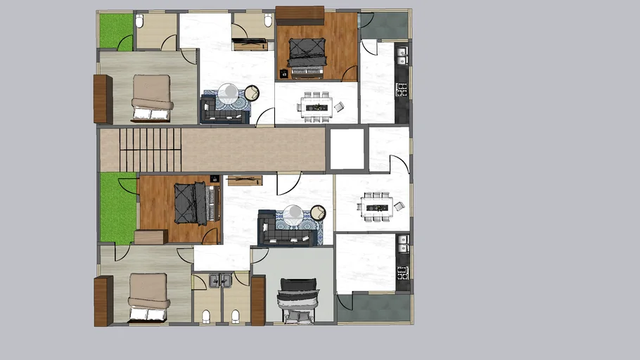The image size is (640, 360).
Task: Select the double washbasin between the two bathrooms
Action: pyautogui.click(x=220, y=281)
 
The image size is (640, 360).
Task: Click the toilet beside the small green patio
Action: pyautogui.click(x=139, y=21)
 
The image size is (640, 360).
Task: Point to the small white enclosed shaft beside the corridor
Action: pyautogui.click(x=347, y=148)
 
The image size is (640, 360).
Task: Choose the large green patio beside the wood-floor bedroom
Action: pyautogui.click(x=117, y=207)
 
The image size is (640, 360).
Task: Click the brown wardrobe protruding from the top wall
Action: pyautogui.click(x=299, y=14)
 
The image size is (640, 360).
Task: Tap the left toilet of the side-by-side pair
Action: pyautogui.click(x=206, y=316)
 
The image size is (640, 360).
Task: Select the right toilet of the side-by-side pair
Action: pyautogui.click(x=236, y=316)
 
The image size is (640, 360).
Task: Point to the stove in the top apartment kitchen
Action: pyautogui.click(x=402, y=89)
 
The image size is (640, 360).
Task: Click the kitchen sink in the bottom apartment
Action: pyautogui.click(x=402, y=243)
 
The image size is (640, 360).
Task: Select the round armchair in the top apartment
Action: pyautogui.click(x=251, y=93)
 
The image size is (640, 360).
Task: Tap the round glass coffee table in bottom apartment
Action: pyautogui.click(x=293, y=214)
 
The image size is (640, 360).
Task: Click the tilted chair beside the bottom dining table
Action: pyautogui.click(x=399, y=206)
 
